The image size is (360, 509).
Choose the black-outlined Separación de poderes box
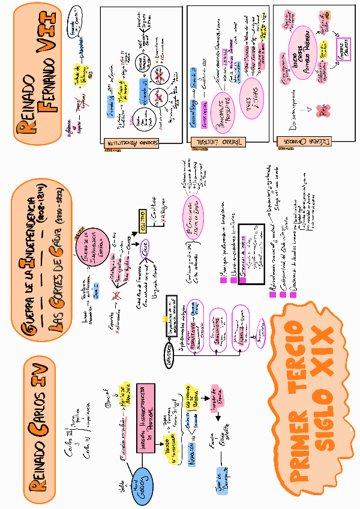(251, 252)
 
